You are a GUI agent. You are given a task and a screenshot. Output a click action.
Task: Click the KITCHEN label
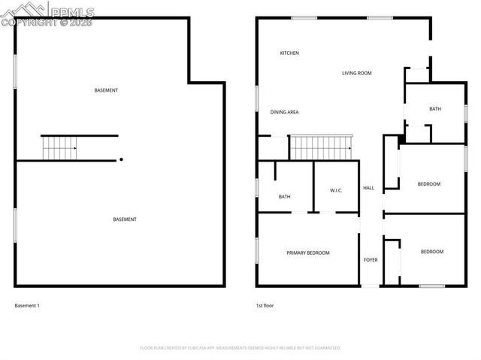289,53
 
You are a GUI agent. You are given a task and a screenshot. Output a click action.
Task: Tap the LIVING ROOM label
357,73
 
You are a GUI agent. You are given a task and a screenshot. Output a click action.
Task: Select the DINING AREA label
285,112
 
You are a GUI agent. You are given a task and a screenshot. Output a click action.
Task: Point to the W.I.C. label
336,190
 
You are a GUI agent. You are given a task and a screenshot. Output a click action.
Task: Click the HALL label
368,188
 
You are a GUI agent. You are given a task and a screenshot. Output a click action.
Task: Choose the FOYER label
371,260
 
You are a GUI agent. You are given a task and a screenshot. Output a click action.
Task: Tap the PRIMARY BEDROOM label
308,253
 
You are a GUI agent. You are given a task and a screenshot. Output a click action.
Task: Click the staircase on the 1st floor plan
321,147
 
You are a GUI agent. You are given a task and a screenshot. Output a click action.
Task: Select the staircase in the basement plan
59,148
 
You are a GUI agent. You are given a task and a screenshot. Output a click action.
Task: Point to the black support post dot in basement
121,159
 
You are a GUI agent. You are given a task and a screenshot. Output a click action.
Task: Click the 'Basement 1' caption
27,306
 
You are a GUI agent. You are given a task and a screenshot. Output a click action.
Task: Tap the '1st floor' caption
264,306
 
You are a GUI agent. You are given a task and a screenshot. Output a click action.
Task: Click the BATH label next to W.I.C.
285,197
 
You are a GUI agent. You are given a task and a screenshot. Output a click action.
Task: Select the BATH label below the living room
435,109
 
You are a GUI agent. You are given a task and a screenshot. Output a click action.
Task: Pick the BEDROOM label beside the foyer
431,252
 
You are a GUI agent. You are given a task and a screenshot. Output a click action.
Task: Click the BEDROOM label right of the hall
428,184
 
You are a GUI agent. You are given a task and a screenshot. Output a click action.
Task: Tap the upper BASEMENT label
106,90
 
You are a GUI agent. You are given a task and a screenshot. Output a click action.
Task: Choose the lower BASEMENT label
125,219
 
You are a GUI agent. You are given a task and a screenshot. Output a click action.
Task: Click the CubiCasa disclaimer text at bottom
240,348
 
